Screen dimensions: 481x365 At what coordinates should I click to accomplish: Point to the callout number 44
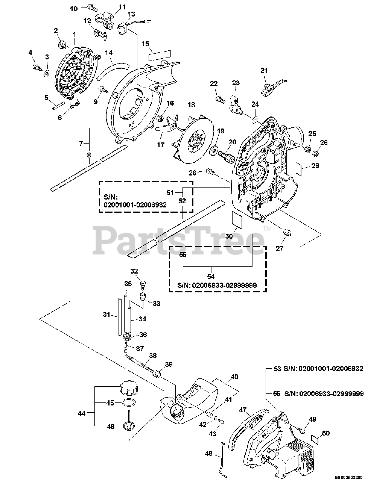tap(81, 413)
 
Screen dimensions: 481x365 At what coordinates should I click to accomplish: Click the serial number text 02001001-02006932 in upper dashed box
tap(135, 204)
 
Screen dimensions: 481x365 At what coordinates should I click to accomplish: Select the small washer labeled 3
tap(47, 72)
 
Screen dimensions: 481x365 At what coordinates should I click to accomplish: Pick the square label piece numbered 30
tap(237, 219)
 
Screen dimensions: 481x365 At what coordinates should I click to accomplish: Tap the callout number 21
tap(263, 70)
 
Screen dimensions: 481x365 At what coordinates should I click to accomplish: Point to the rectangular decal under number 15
tap(159, 56)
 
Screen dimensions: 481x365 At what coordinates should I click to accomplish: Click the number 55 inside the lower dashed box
tap(183, 254)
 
